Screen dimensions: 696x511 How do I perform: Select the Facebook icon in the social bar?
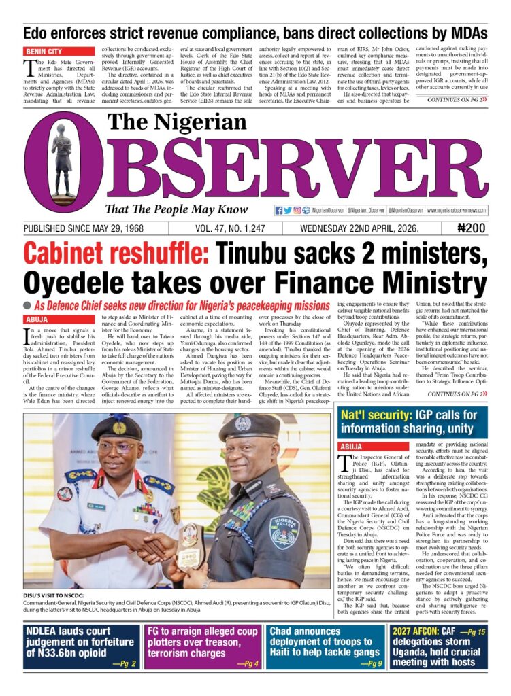pyautogui.click(x=279, y=211)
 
